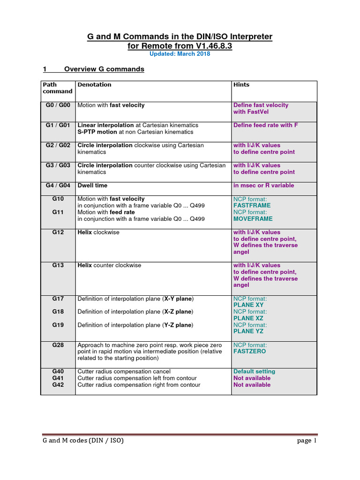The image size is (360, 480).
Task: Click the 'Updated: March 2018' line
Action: (x=180, y=54)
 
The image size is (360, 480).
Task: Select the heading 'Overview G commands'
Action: (x=104, y=69)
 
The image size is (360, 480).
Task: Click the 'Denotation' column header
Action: (x=94, y=85)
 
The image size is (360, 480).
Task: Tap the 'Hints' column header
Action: (x=241, y=85)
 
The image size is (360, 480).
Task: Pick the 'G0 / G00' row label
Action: (x=58, y=105)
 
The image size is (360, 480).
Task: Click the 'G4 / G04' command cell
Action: (x=58, y=186)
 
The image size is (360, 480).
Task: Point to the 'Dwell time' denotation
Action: (x=92, y=186)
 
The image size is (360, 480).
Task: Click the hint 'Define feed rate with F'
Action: (x=265, y=125)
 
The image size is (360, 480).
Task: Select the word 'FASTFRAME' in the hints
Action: (x=252, y=206)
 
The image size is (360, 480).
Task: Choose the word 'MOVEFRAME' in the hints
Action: (x=253, y=219)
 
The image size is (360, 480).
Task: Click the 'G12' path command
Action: (x=58, y=232)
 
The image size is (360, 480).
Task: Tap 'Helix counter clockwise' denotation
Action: (x=109, y=265)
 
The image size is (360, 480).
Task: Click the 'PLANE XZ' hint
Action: (x=248, y=318)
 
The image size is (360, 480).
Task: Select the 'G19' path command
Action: (x=58, y=325)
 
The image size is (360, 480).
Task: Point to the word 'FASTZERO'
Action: (x=249, y=351)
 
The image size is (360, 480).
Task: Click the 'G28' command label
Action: (x=58, y=345)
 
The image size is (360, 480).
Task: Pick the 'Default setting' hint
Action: (x=254, y=372)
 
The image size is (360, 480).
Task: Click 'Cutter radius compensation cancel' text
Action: (x=124, y=372)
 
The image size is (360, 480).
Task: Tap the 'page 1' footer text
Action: (x=307, y=441)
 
